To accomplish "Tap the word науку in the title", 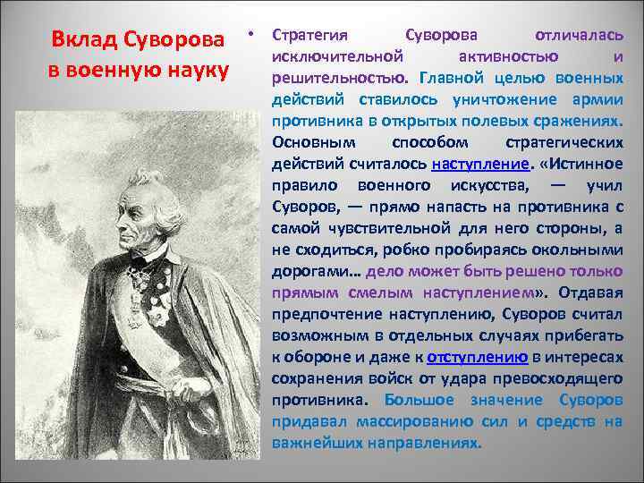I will (x=200, y=67).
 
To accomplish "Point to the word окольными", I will (x=577, y=250).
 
